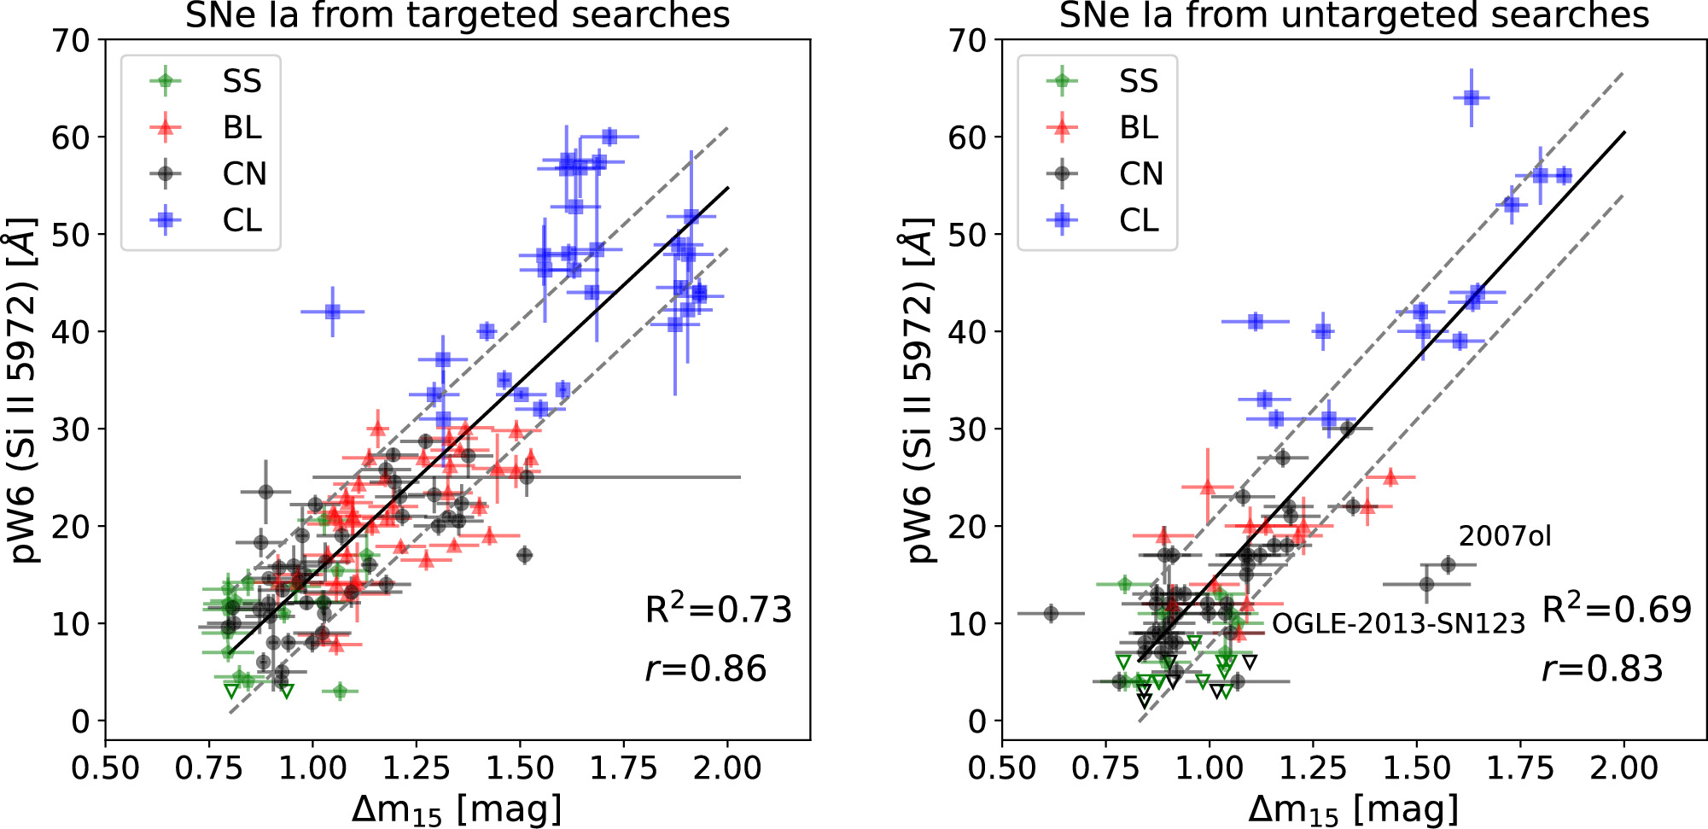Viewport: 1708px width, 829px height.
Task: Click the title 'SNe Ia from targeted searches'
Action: [x=458, y=15]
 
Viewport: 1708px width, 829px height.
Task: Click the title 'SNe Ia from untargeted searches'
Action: [x=1354, y=15]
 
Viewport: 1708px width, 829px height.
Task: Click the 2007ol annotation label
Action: [x=1504, y=536]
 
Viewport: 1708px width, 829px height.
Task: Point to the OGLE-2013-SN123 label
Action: [x=1398, y=624]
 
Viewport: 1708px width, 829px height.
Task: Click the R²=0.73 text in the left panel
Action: [x=718, y=609]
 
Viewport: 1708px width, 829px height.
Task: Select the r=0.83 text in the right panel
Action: [x=1602, y=668]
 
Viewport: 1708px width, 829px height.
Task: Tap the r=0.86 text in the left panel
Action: [x=706, y=668]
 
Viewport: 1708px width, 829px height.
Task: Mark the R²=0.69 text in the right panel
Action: [x=1617, y=609]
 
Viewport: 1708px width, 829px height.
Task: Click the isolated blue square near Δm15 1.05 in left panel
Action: [x=333, y=312]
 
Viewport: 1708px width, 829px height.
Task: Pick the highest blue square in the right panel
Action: [x=1471, y=98]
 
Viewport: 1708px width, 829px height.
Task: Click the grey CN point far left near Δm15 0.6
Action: [x=1051, y=613]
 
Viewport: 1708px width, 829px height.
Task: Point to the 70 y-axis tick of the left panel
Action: [x=71, y=40]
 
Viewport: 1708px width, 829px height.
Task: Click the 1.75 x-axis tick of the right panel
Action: [x=1520, y=768]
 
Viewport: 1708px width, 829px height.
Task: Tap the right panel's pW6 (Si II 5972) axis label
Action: [x=919, y=389]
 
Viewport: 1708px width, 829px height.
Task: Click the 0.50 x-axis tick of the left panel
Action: [x=105, y=768]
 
